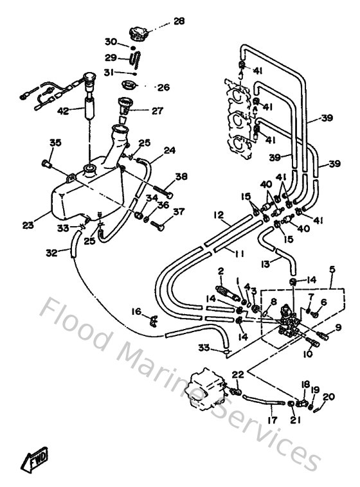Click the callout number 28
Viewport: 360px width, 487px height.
[179, 21]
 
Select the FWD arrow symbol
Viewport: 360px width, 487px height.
[32, 460]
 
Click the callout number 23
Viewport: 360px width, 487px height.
[28, 225]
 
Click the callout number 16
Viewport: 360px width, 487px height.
[136, 311]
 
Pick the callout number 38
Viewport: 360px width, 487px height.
[181, 176]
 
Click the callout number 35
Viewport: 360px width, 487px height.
[55, 142]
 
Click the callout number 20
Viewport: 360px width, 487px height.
[330, 396]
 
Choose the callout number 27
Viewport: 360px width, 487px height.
[157, 111]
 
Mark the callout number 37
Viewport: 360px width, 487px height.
[179, 211]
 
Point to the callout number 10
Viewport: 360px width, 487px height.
[307, 353]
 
